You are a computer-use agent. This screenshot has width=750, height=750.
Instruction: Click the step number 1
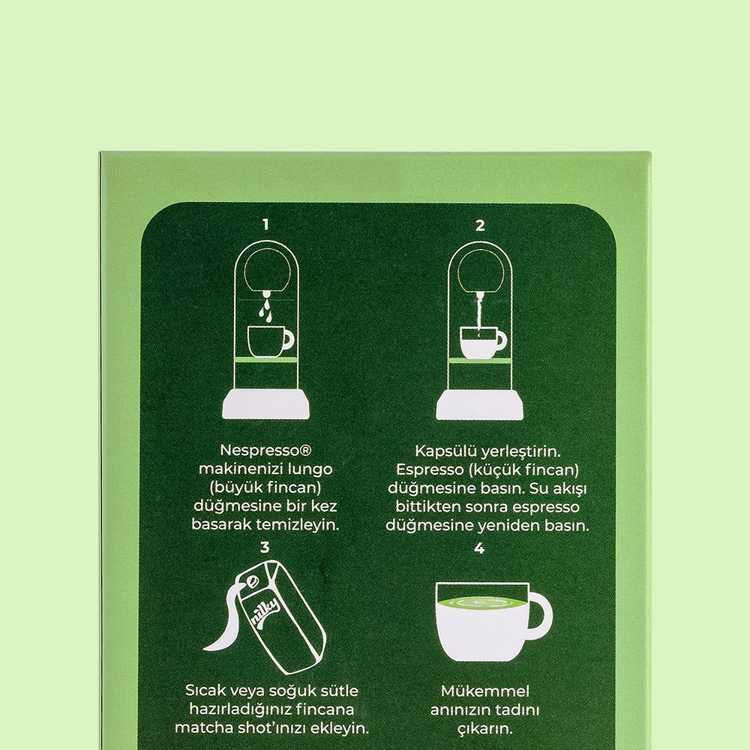(x=266, y=224)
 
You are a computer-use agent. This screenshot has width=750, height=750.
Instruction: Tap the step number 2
(x=480, y=225)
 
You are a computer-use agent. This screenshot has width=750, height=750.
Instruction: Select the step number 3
(x=265, y=547)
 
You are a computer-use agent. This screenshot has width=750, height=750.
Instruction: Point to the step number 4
(x=479, y=548)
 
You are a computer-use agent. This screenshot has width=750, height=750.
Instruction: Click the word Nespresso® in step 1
(x=265, y=451)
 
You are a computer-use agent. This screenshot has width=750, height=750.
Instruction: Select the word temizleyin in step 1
(x=298, y=525)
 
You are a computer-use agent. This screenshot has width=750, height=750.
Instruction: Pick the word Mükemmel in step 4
(x=485, y=691)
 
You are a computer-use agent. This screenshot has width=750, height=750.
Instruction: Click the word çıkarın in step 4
(x=485, y=729)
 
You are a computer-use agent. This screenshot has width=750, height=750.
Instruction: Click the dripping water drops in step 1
(x=267, y=307)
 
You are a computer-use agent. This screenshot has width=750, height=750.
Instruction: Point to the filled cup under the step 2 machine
(x=483, y=343)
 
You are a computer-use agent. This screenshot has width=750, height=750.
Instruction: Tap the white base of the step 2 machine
(x=480, y=405)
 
